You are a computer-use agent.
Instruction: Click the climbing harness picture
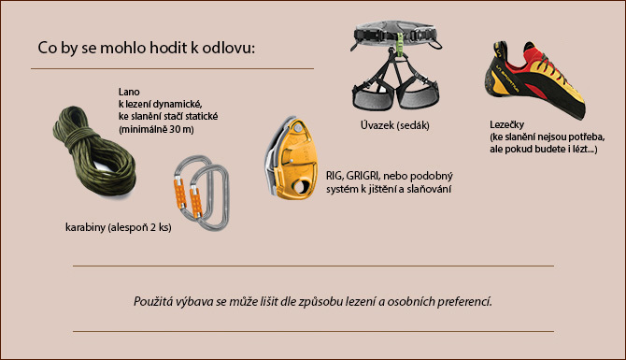393,70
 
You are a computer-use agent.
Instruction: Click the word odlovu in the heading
226,48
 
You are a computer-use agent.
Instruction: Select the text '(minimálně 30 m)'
156,128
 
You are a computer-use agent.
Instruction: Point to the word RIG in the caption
335,175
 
